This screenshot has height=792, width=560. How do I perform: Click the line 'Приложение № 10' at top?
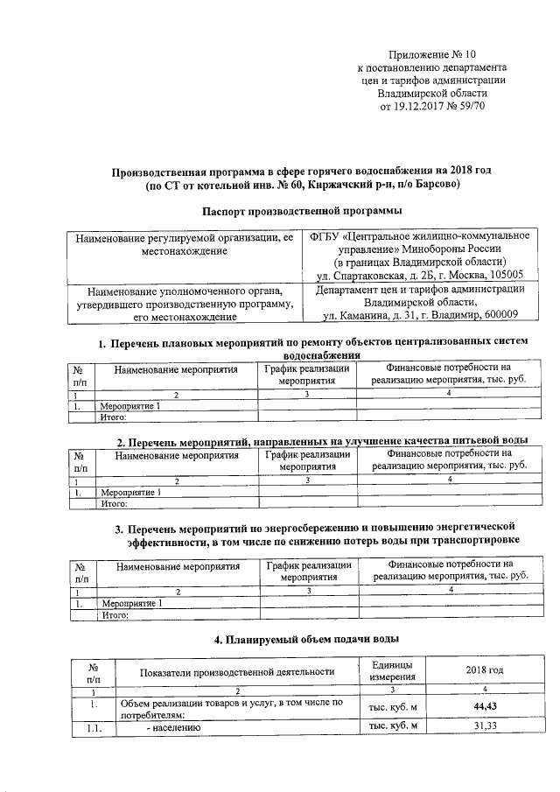(x=432, y=54)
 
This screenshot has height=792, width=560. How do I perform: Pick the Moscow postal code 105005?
(x=504, y=275)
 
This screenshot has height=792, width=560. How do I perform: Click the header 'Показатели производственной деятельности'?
(x=237, y=671)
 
